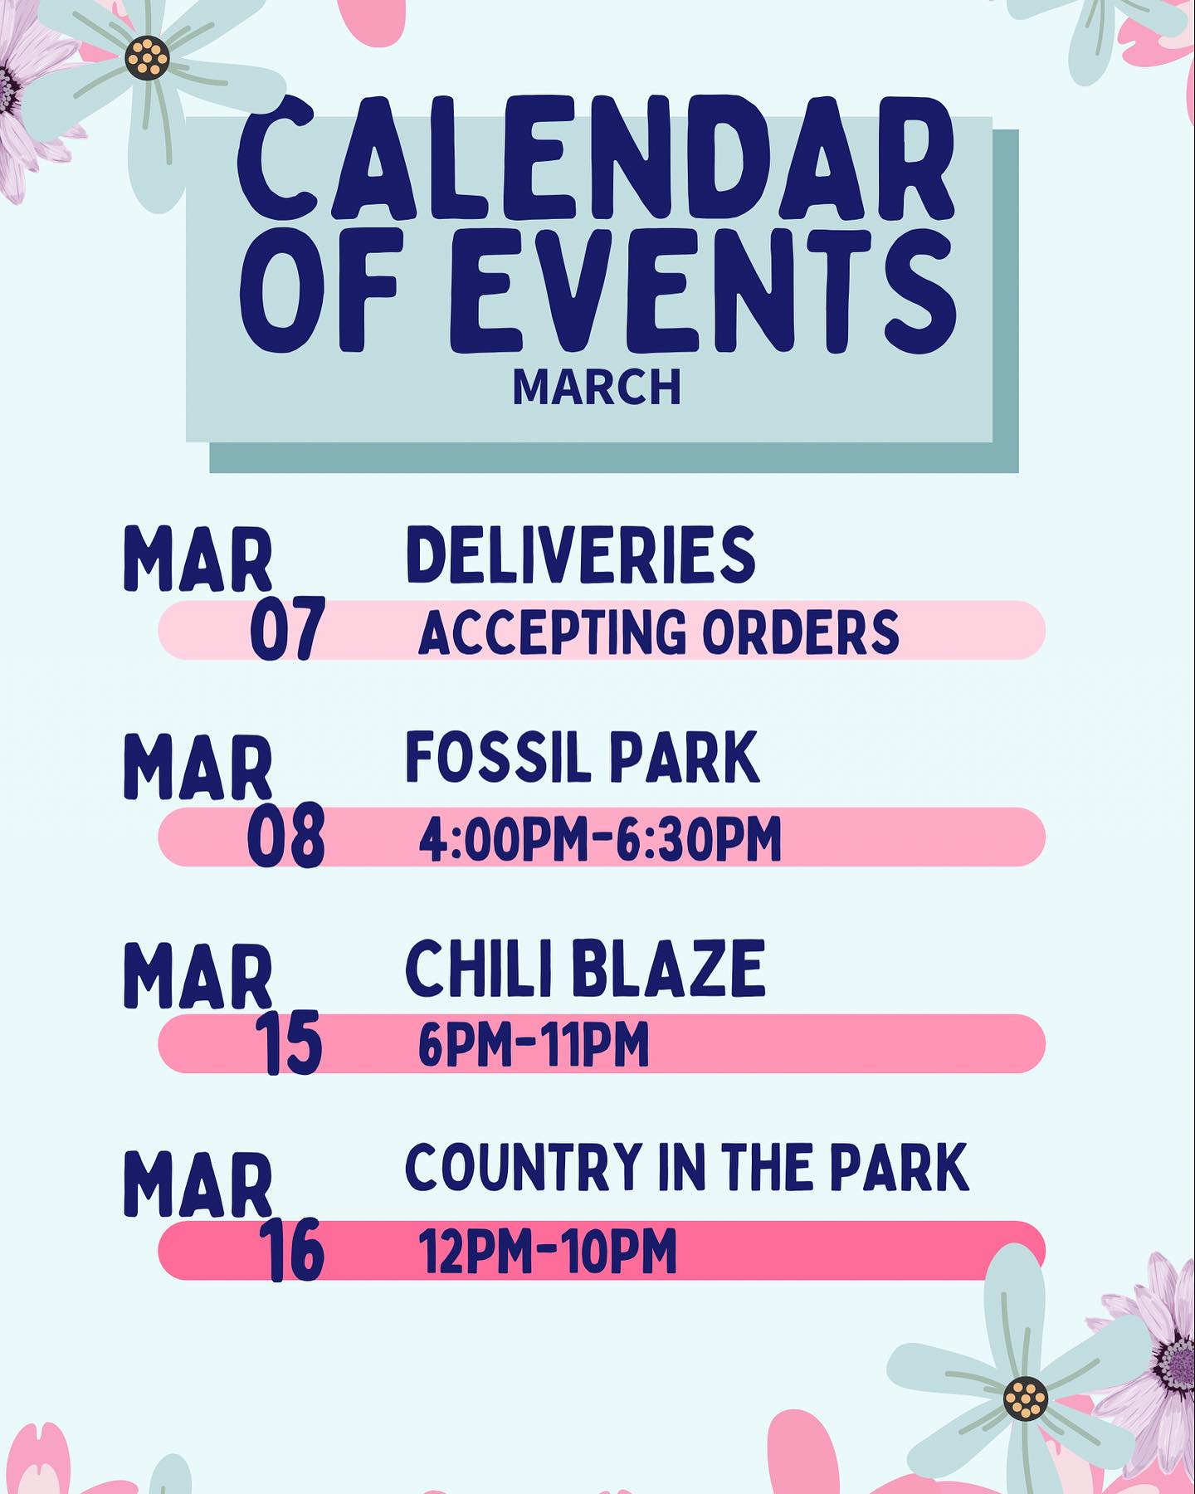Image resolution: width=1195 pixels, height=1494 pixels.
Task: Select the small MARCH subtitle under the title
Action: pyautogui.click(x=597, y=387)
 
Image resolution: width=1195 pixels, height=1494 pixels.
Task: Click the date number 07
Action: pyautogui.click(x=286, y=630)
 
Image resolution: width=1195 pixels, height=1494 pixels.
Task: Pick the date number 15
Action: pyautogui.click(x=289, y=1043)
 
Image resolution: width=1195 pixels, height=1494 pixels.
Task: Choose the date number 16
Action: pyautogui.click(x=290, y=1251)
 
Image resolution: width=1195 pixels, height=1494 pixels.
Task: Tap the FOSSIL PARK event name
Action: pyautogui.click(x=583, y=758)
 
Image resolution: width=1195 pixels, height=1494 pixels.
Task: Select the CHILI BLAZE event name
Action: pyautogui.click(x=585, y=969)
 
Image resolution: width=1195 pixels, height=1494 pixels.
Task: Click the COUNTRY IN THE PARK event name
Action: pyautogui.click(x=687, y=1167)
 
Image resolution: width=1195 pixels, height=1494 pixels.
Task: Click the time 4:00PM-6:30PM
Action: pyautogui.click(x=600, y=839)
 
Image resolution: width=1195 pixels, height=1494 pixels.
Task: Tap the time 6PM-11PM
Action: pyautogui.click(x=534, y=1045)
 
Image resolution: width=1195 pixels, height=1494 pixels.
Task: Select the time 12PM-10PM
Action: pyautogui.click(x=548, y=1252)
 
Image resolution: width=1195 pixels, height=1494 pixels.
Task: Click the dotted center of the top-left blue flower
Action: pyautogui.click(x=148, y=58)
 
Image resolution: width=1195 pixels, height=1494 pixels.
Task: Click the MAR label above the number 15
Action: pyautogui.click(x=198, y=979)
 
